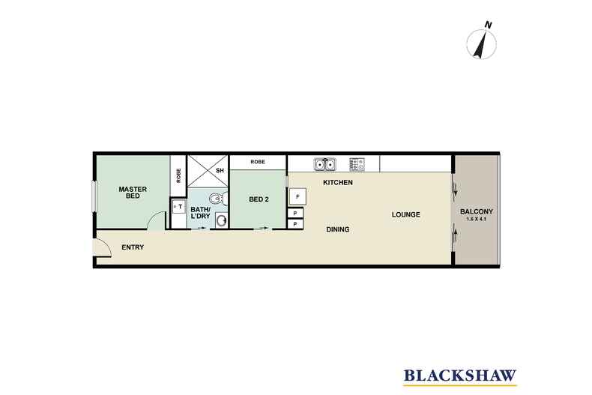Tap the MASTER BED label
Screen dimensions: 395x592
tap(132, 193)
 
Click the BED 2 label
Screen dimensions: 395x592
tap(259, 199)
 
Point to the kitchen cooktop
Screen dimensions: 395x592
tap(357, 163)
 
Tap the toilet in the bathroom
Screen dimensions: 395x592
tap(216, 199)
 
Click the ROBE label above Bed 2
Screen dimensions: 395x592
tap(258, 161)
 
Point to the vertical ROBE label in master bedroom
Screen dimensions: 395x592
tap(178, 175)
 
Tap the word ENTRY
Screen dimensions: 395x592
tap(132, 248)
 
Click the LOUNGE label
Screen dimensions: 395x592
tap(405, 215)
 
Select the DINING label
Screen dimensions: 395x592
tap(337, 229)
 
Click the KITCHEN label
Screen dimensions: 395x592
tap(337, 184)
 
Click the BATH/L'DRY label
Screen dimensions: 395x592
tap(200, 214)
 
